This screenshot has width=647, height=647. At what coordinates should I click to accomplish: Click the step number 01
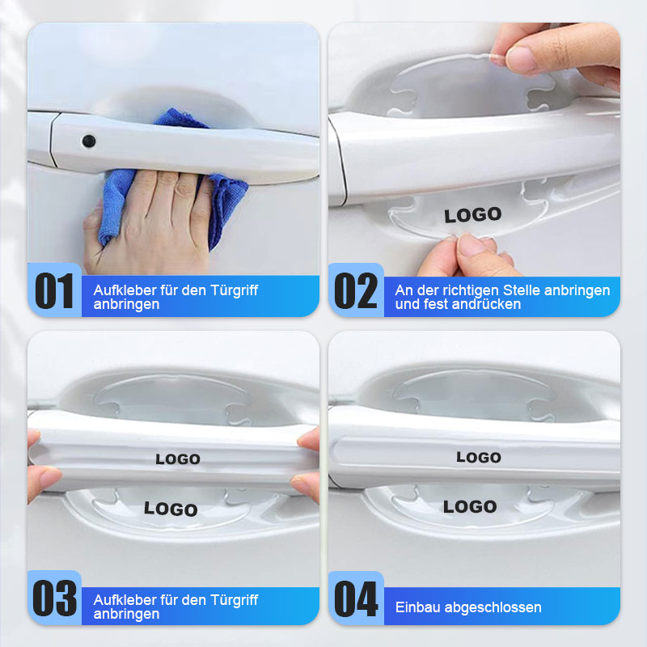(x=54, y=291)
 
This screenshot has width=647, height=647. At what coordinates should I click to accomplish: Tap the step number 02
(x=356, y=291)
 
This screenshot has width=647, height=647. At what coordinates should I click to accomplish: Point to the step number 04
(x=356, y=600)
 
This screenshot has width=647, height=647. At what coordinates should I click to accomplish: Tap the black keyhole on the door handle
(x=88, y=141)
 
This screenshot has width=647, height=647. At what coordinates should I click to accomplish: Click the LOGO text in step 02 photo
(x=473, y=215)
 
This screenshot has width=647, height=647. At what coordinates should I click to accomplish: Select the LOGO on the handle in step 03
(x=178, y=459)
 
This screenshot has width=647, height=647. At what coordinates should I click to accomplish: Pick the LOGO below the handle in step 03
(x=171, y=509)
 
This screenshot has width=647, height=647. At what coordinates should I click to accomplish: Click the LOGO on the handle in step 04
(x=479, y=458)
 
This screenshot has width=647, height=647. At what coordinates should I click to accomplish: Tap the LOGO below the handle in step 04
(x=470, y=507)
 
